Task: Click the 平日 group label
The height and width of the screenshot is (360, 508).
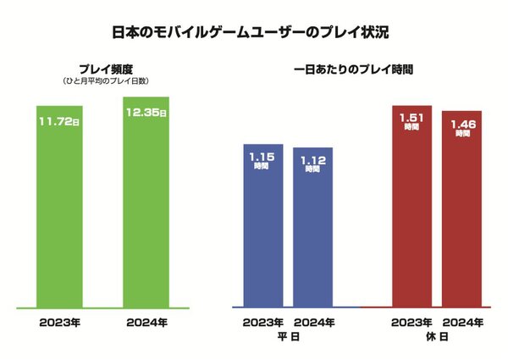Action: click(289, 336)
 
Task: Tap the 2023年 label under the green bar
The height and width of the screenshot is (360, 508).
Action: click(60, 322)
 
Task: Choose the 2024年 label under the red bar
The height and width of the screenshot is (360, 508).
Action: click(463, 322)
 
